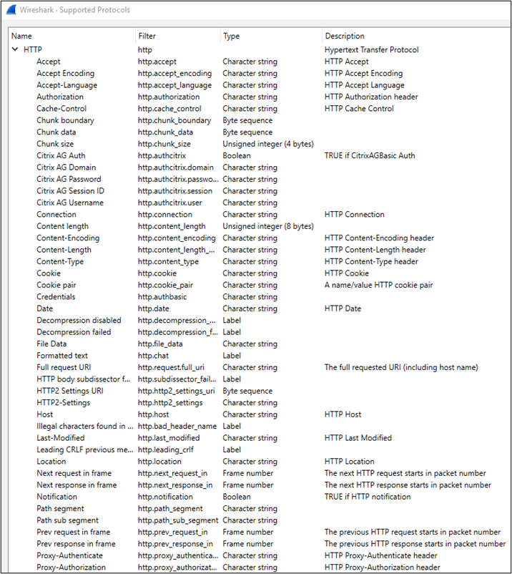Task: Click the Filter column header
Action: tap(147, 36)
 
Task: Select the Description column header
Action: tap(345, 36)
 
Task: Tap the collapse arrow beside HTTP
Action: tap(15, 50)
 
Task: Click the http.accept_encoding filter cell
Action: tap(174, 74)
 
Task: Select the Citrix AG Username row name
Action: tap(70, 203)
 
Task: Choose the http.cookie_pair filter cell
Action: tap(165, 285)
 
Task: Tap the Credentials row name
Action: tap(56, 297)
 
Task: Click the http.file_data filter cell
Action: tap(160, 344)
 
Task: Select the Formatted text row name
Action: tap(62, 356)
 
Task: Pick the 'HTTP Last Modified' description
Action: tap(358, 438)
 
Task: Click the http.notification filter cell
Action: tap(165, 497)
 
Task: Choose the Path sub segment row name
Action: tap(68, 520)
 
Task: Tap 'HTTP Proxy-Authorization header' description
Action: tap(382, 568)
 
